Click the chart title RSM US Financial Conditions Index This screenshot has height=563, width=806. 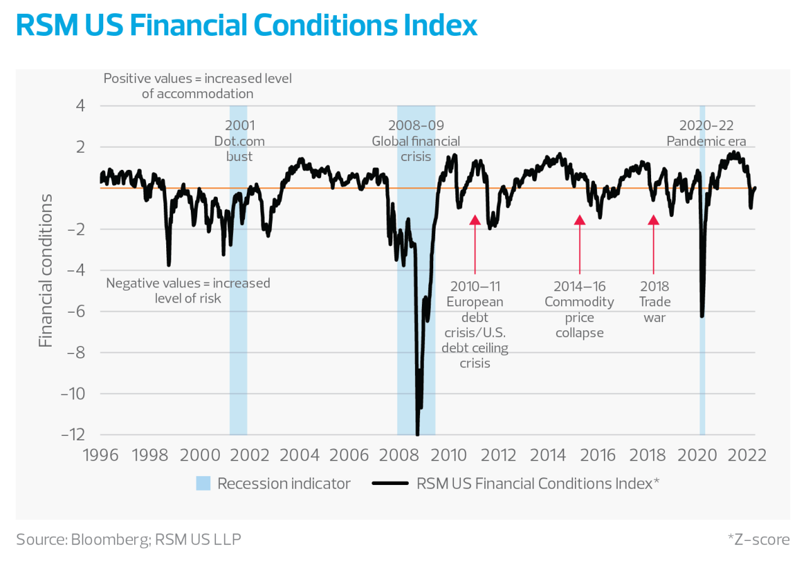[246, 26]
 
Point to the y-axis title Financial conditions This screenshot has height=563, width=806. [46, 270]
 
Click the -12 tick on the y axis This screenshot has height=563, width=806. [74, 435]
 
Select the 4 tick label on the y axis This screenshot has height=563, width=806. [80, 106]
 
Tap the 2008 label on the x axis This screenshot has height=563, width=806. [400, 455]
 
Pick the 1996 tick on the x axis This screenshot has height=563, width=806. [101, 455]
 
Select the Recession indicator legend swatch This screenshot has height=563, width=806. [203, 483]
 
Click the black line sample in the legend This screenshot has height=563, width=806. [391, 483]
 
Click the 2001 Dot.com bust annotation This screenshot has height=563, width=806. [239, 141]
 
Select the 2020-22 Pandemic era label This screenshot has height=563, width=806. [707, 133]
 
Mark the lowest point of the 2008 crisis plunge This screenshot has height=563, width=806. [417, 434]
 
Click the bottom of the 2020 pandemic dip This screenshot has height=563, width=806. [702, 316]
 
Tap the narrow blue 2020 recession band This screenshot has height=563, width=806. [702, 377]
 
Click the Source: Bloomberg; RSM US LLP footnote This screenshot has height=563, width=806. [128, 539]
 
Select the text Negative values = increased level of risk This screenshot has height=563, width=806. [188, 291]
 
